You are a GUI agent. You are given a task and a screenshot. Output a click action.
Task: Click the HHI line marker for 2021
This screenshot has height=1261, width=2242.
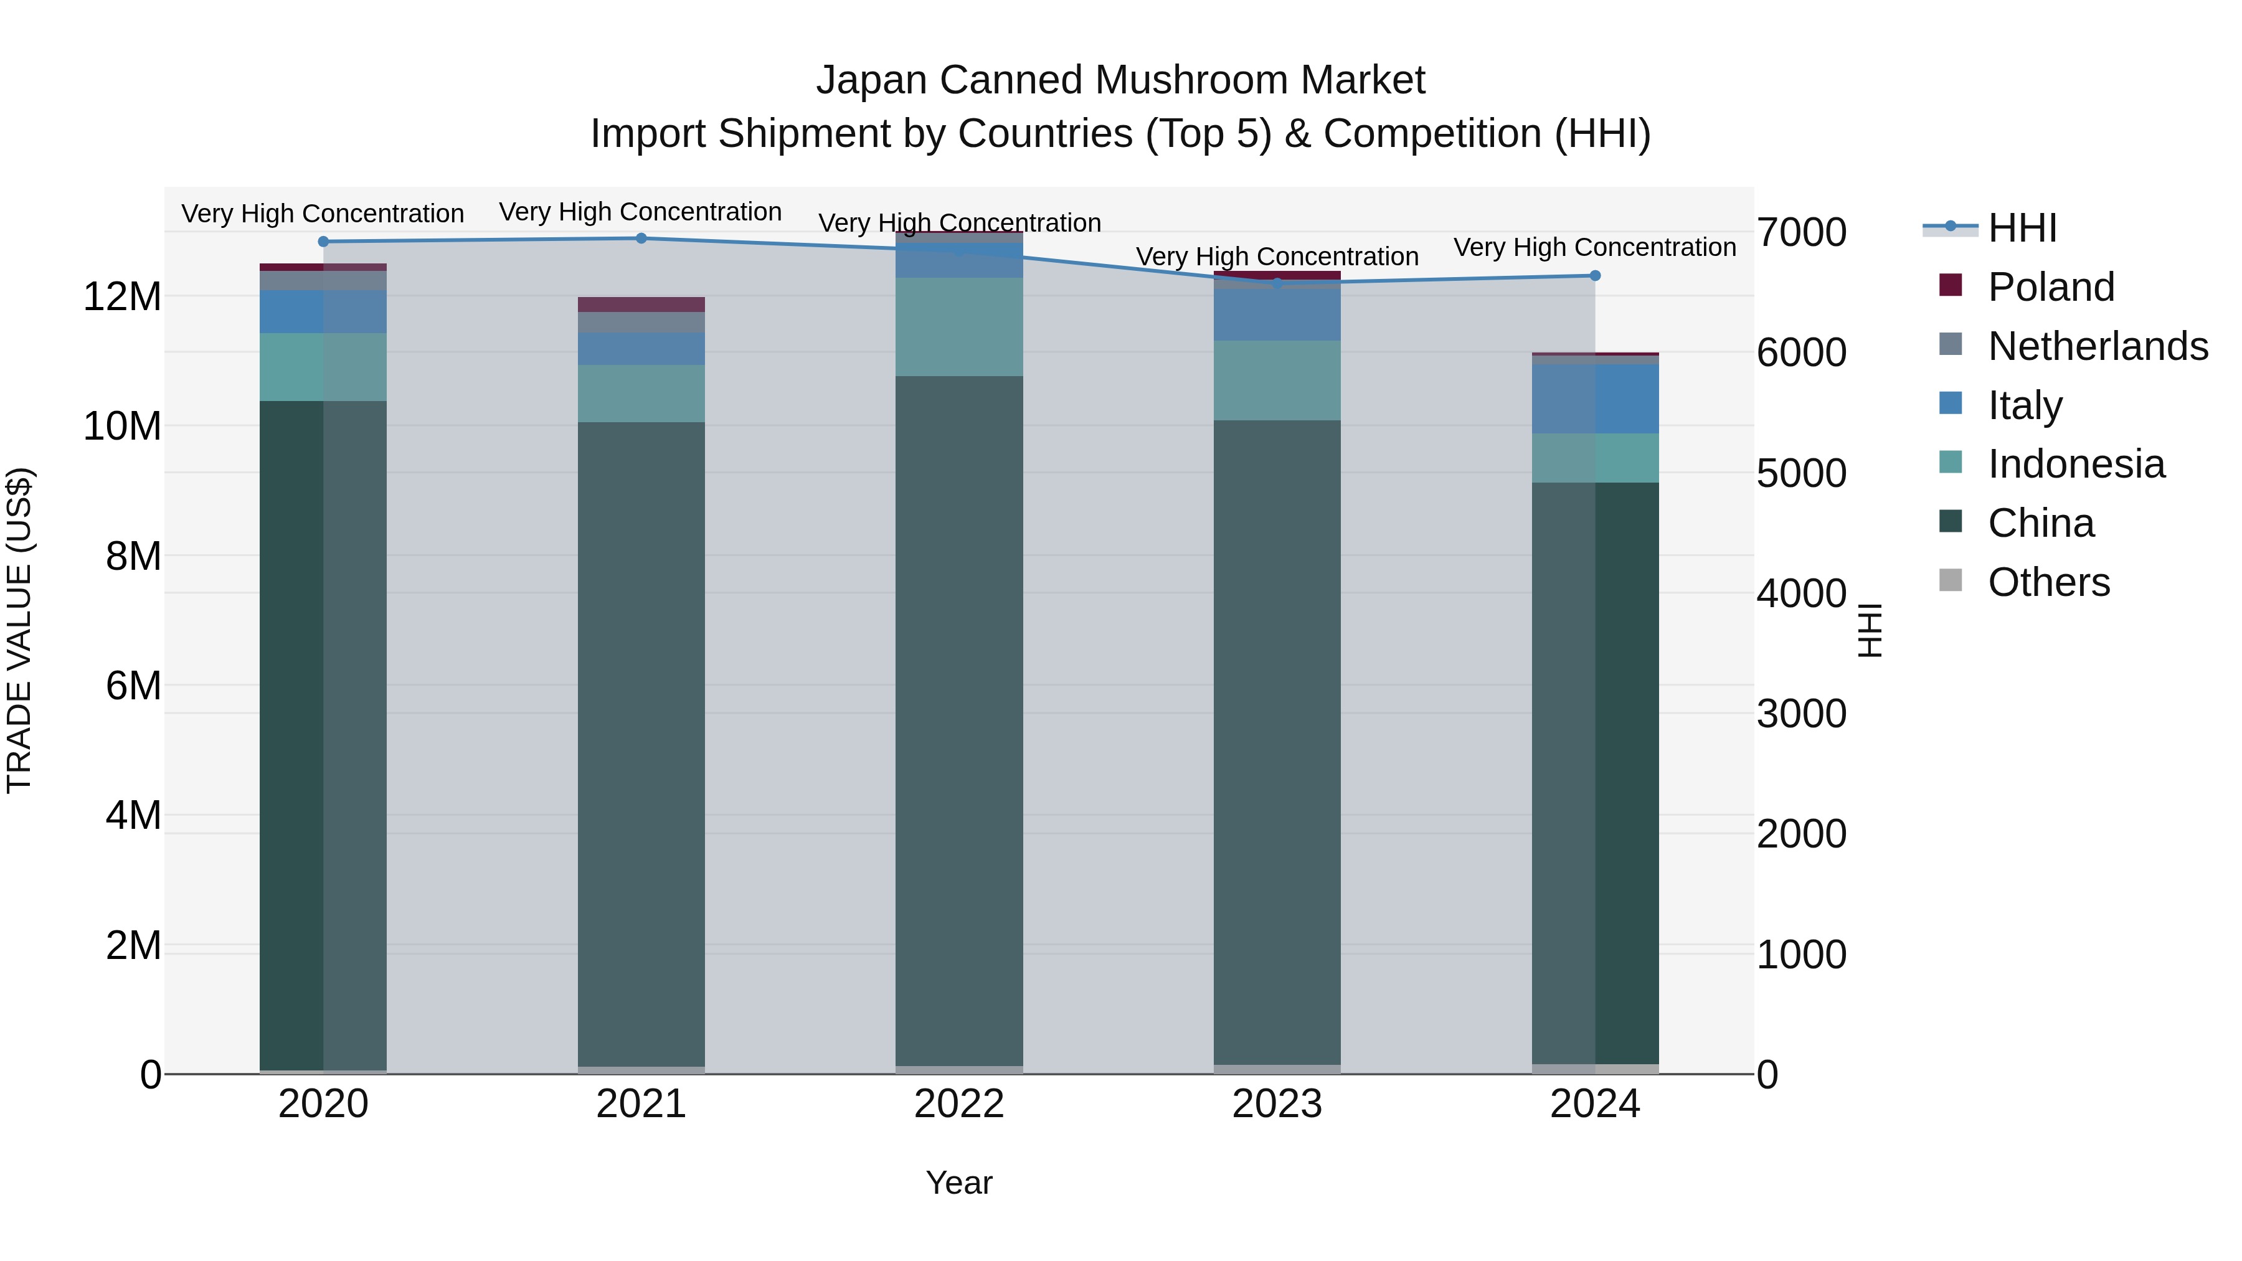click(x=641, y=239)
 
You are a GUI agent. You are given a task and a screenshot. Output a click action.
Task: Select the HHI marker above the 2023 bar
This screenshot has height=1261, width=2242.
click(x=1277, y=284)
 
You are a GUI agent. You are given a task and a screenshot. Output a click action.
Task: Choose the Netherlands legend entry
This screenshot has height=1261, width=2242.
click(x=2098, y=346)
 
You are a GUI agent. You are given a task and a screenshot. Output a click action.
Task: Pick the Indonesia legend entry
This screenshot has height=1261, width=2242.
click(x=2076, y=464)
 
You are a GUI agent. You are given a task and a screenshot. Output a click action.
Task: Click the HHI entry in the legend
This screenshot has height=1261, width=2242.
click(x=2022, y=228)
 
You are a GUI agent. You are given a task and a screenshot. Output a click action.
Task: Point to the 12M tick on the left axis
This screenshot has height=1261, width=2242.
click(x=122, y=297)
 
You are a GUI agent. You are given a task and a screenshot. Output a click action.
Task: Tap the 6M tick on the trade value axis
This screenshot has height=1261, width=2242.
click(x=133, y=686)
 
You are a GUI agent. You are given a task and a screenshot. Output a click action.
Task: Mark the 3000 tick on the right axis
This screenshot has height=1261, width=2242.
click(x=1800, y=714)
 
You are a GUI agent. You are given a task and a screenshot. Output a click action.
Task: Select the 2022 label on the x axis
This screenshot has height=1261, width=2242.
click(x=958, y=1104)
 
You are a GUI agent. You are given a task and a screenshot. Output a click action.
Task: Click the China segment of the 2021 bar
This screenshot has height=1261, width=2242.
click(x=641, y=740)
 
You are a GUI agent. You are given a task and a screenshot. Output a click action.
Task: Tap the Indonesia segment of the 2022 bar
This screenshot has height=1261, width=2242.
click(x=958, y=326)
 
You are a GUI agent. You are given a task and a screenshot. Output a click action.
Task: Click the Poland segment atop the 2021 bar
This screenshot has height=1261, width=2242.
click(x=641, y=305)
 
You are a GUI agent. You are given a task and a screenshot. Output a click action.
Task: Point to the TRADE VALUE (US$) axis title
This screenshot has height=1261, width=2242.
click(x=19, y=630)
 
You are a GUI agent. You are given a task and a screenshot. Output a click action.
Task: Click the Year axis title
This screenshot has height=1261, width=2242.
click(x=958, y=1183)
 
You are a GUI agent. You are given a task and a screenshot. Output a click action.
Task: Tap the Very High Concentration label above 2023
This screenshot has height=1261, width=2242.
click(x=1277, y=257)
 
